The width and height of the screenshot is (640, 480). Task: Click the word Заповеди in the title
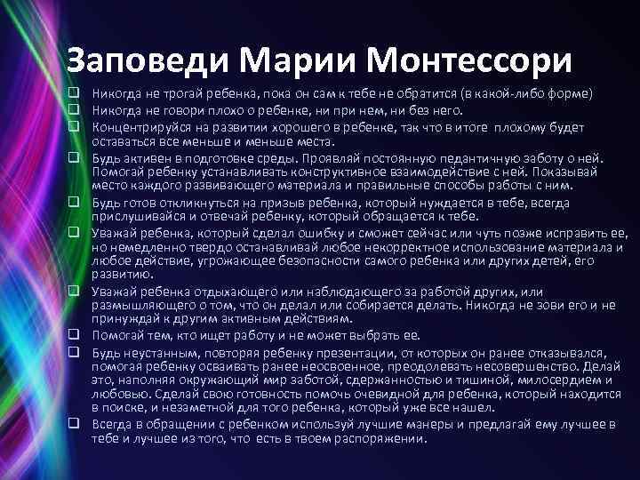click(149, 60)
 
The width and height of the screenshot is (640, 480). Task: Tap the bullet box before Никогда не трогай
click(77, 93)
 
